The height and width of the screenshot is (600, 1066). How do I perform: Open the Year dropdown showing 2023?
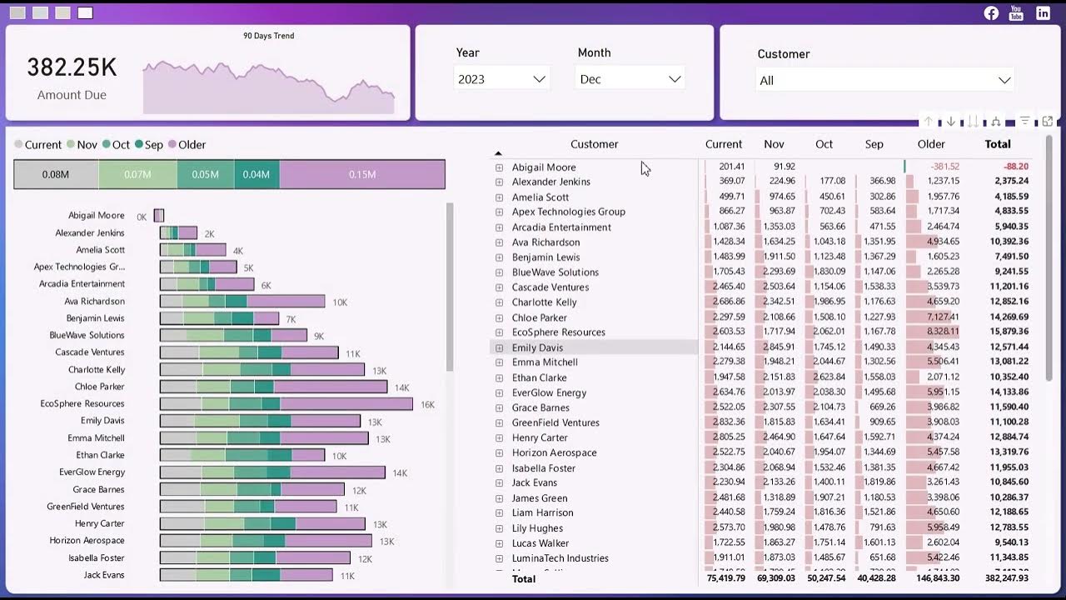501,79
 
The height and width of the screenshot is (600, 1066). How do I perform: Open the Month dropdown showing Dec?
630,79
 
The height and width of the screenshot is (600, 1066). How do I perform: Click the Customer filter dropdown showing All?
884,80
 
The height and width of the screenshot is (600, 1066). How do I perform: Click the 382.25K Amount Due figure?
72,68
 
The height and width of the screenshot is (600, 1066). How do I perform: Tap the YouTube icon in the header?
1016,12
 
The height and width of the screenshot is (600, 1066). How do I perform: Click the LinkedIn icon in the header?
1043,12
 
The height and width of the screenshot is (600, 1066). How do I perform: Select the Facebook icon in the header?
991,12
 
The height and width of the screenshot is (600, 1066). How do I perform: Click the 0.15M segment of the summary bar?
362,175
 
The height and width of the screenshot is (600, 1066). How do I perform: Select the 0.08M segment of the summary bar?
56,175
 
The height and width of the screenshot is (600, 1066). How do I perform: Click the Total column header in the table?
998,144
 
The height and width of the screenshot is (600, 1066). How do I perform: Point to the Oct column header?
824,144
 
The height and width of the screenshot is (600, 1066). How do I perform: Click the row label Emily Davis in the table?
537,347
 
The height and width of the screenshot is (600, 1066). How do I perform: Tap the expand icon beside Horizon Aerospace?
500,452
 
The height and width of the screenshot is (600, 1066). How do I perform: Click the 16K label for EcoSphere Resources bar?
427,404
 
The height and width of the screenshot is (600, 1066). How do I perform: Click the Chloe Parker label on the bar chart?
100,387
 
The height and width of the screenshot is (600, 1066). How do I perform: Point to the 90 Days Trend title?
268,36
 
